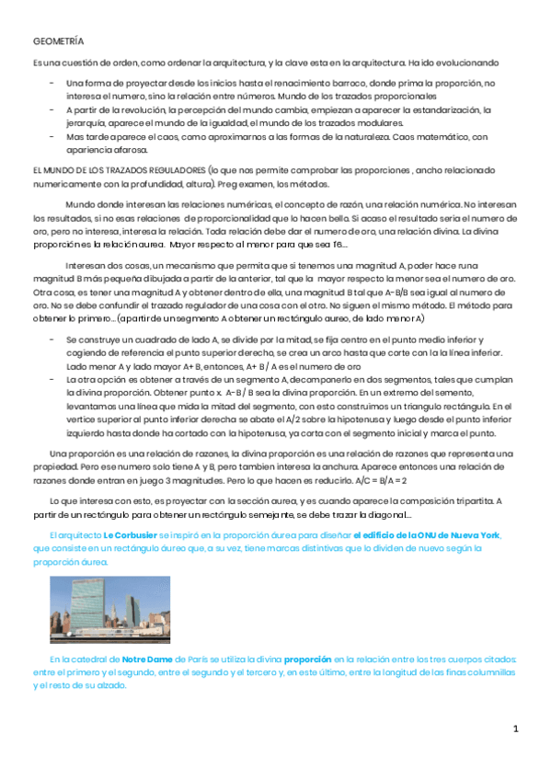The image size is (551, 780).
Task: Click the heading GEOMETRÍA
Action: (x=58, y=42)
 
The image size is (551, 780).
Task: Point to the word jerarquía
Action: (x=84, y=122)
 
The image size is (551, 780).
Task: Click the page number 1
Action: (x=516, y=729)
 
